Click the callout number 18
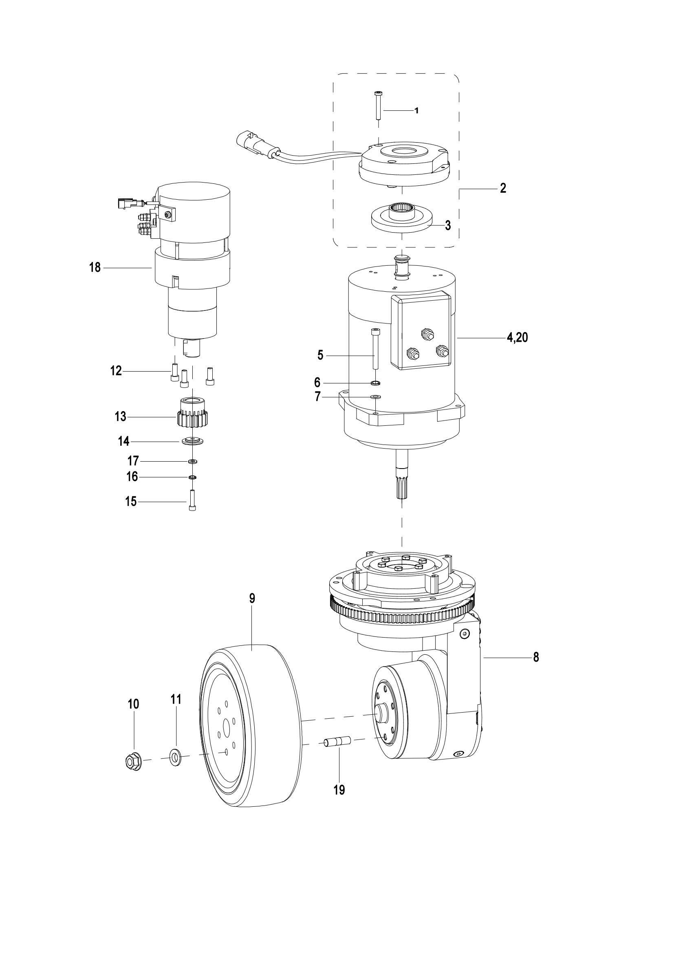[x=95, y=268]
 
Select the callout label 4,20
[x=517, y=338]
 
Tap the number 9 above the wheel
[x=252, y=598]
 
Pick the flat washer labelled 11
[x=176, y=757]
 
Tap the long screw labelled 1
[x=378, y=105]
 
